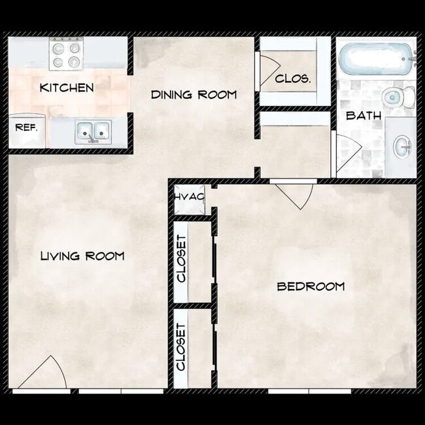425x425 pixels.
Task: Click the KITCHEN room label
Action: pos(66,88)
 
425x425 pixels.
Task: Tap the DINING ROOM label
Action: pos(194,95)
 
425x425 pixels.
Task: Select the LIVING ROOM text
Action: pos(82,256)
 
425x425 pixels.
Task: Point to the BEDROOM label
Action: pos(311,286)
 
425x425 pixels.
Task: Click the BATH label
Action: pos(359,116)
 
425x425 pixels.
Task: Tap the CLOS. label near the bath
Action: pos(292,79)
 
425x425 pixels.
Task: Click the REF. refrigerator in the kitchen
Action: pos(26,127)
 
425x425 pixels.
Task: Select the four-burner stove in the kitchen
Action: pos(66,54)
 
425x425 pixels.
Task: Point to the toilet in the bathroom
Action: pos(397,97)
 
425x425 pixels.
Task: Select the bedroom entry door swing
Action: pos(296,194)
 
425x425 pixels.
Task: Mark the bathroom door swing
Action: pos(347,152)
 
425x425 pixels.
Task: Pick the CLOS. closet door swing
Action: pos(268,72)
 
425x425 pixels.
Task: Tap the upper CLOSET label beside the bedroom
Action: pos(182,258)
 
